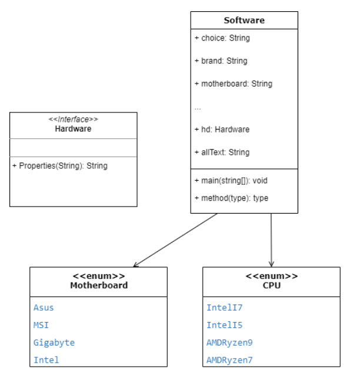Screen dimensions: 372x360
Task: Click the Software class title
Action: (244, 21)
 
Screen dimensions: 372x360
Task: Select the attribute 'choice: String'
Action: (222, 38)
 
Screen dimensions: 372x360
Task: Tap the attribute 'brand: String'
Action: (221, 61)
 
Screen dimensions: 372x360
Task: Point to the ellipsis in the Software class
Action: (198, 108)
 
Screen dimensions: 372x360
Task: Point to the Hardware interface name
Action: (73, 128)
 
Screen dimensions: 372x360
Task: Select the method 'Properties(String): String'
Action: (60, 166)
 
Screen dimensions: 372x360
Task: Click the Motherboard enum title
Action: (98, 285)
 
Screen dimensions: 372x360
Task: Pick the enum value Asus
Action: (44, 307)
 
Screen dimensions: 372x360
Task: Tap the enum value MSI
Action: (41, 325)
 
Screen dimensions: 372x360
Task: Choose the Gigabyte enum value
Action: (54, 343)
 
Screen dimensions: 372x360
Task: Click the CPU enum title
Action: (271, 285)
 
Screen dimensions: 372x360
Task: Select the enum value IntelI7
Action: (225, 307)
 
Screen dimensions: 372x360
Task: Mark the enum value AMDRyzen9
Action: (229, 343)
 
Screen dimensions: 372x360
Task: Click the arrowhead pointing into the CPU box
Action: (271, 264)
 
